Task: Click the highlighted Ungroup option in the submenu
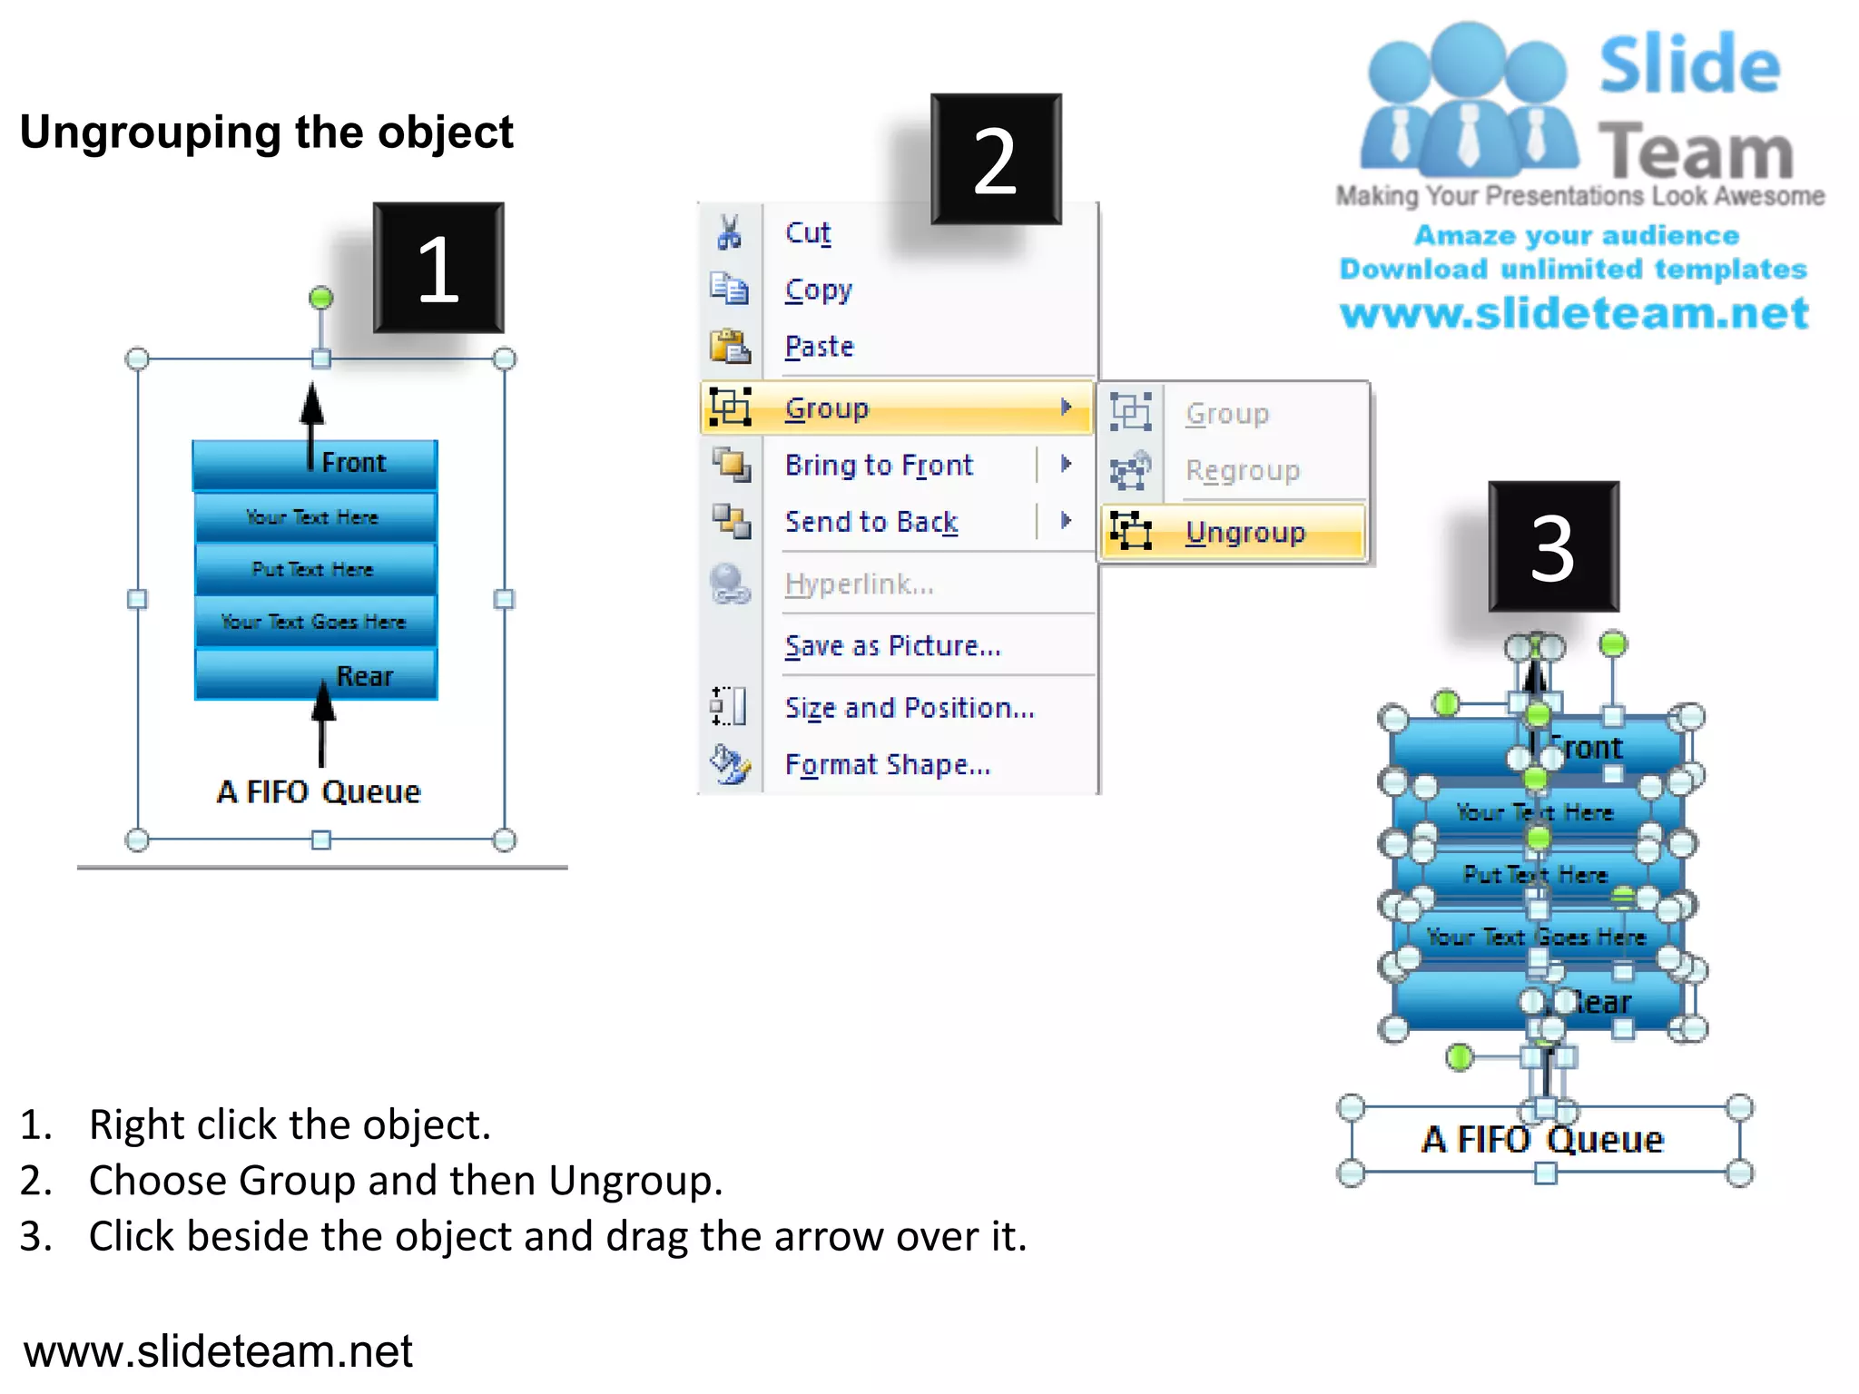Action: [x=1244, y=532]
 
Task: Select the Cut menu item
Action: [x=807, y=232]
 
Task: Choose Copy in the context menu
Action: [x=818, y=290]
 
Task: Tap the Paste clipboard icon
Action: [x=729, y=347]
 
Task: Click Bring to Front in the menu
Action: [x=878, y=465]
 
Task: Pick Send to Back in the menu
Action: [x=870, y=522]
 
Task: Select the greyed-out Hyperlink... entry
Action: [x=859, y=584]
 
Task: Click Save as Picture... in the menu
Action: [x=892, y=645]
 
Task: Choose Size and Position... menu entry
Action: [x=909, y=707]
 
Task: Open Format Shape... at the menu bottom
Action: [x=887, y=764]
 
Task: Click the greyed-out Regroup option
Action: [x=1242, y=470]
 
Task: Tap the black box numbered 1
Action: [x=438, y=268]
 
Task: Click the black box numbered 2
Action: [x=996, y=159]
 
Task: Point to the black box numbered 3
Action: [x=1553, y=546]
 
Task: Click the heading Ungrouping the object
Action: [x=267, y=133]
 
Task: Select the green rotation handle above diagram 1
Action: [x=320, y=298]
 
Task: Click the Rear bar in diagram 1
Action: [x=315, y=674]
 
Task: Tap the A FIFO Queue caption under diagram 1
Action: [x=319, y=791]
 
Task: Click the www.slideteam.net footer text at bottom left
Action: [x=218, y=1350]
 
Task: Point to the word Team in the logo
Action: [x=1695, y=151]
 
